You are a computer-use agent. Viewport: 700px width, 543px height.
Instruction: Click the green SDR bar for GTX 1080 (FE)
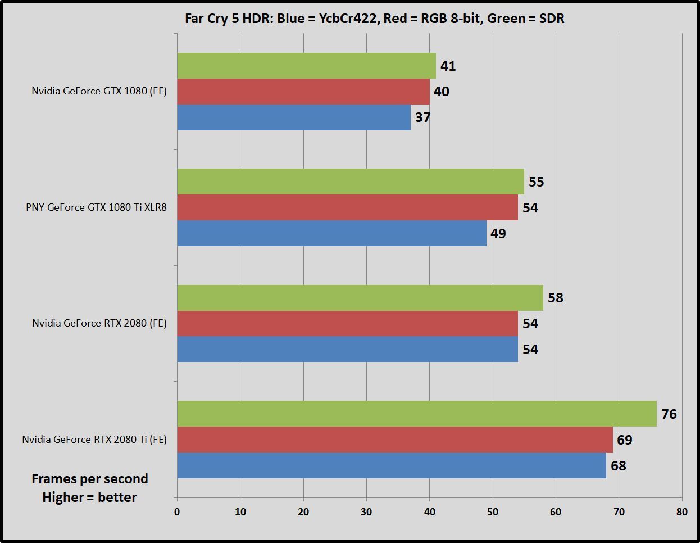306,66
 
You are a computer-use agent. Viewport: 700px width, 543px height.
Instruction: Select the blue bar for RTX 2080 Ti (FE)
392,465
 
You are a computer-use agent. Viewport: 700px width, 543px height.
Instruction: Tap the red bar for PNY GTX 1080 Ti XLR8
347,207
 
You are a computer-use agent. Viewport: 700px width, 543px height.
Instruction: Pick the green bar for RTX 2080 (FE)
360,298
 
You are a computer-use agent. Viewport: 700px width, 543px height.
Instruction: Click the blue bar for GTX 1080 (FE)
294,117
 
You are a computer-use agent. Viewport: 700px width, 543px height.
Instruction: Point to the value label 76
669,414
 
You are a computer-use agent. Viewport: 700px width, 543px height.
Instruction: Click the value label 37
423,117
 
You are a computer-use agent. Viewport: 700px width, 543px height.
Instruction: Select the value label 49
498,234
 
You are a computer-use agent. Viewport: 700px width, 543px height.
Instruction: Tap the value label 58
556,298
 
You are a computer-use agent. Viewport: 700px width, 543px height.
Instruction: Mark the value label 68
619,466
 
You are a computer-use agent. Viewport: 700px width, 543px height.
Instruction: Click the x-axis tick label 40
430,512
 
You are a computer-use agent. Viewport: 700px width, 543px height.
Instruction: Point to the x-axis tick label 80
682,512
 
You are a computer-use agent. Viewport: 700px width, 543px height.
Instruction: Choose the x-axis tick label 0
177,512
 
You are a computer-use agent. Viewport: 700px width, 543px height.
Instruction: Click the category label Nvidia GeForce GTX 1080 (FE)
99,91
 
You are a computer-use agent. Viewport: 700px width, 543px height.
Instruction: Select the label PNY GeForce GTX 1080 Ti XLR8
96,207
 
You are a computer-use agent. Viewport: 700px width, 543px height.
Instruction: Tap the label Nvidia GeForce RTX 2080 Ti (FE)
94,440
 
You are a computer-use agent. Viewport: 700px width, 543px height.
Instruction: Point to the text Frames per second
90,479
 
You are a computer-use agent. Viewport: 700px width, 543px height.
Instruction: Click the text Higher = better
90,497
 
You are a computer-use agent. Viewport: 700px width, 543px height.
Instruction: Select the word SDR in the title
551,19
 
